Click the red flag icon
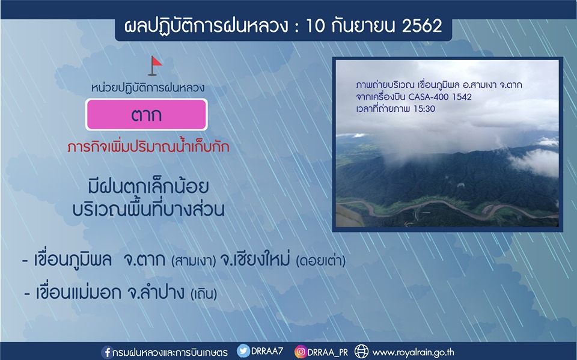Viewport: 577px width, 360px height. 155,66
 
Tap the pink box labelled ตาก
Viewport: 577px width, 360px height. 147,114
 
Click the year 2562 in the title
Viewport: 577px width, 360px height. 422,26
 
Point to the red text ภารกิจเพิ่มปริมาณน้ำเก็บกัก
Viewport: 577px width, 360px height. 148,146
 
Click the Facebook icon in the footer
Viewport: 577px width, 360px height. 107,352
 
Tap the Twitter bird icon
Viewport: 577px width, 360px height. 243,351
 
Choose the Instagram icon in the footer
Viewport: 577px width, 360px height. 301,352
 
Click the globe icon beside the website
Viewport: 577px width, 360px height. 361,352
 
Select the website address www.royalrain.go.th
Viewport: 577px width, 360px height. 414,352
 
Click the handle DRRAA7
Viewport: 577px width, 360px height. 267,351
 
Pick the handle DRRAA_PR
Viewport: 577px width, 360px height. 328,352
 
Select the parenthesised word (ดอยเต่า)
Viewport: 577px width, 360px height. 321,261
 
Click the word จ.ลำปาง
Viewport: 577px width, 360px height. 156,293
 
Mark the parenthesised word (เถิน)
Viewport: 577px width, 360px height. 204,294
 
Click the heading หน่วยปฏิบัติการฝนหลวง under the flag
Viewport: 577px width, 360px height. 148,88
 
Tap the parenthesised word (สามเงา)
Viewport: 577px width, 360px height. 194,261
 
